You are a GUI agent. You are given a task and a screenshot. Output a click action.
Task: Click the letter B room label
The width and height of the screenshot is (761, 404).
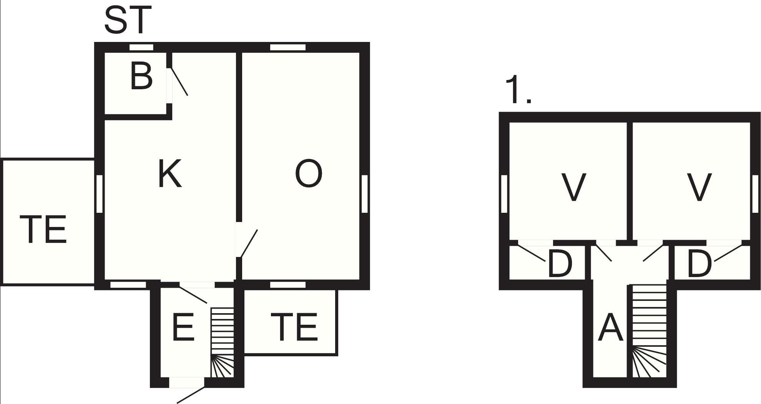(141, 77)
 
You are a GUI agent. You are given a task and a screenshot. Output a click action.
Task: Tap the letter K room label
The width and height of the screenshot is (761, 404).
(170, 174)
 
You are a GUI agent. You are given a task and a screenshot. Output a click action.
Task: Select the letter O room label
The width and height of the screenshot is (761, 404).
(309, 174)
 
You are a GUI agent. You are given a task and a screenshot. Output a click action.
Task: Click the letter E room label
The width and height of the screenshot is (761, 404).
(183, 327)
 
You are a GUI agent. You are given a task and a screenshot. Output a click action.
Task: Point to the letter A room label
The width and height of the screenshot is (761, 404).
(610, 327)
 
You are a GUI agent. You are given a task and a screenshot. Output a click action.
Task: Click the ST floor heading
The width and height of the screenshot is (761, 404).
(128, 19)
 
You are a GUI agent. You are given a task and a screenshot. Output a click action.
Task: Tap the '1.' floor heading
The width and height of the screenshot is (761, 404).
(518, 90)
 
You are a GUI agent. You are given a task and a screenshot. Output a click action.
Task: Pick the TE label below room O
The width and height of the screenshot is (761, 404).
(294, 327)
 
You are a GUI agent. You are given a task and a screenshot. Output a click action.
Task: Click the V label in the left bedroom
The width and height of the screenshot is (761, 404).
(574, 187)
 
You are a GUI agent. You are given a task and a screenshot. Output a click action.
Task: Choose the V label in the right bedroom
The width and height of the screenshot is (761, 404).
(699, 187)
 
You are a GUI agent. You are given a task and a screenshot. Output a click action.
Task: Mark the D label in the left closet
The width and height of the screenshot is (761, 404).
(560, 264)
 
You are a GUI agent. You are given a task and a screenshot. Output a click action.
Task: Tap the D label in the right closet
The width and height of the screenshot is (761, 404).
(700, 264)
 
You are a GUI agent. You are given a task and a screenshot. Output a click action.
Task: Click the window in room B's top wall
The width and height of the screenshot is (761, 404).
(141, 47)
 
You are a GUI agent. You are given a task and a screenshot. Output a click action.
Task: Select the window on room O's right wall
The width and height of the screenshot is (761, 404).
(365, 194)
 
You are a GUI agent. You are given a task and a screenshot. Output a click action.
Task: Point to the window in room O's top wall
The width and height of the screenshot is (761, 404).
(288, 47)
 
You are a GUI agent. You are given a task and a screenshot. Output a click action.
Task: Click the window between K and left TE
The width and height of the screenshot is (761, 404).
(99, 194)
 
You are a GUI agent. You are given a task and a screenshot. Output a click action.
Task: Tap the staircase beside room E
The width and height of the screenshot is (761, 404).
(222, 342)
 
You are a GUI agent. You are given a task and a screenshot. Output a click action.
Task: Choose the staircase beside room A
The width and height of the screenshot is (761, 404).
(649, 331)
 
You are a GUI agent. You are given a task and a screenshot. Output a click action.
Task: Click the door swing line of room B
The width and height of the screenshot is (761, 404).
(179, 82)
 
